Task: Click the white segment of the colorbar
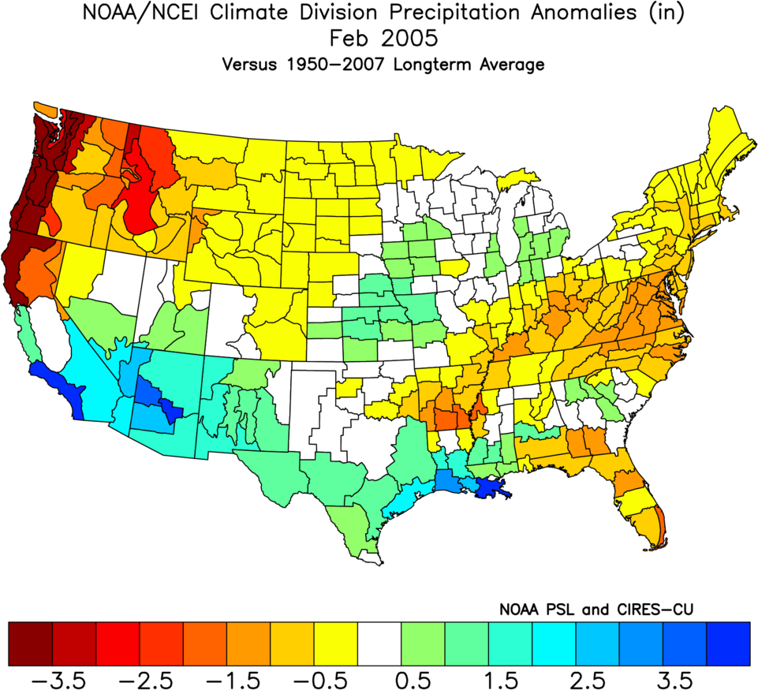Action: pos(379,643)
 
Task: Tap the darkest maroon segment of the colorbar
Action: pos(30,643)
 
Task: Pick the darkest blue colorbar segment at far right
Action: pos(727,643)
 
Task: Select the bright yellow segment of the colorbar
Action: pos(335,643)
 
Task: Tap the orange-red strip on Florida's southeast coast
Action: pos(660,524)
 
